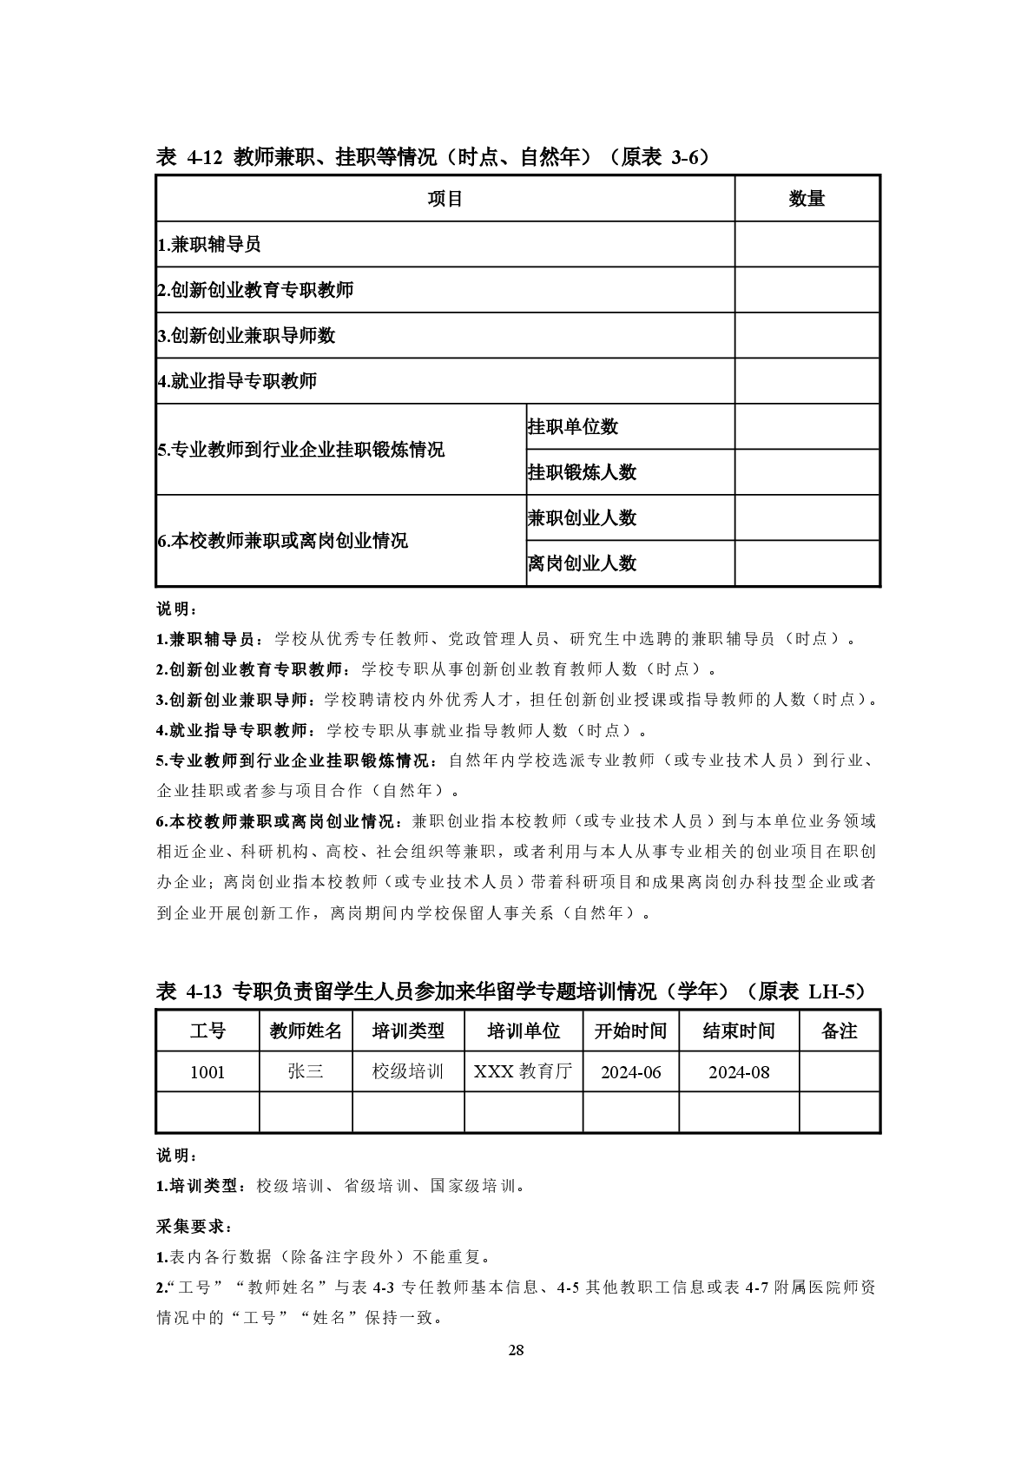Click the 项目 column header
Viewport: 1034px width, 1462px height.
click(445, 199)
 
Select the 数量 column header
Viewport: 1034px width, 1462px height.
click(807, 199)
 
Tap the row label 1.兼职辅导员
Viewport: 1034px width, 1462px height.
click(209, 245)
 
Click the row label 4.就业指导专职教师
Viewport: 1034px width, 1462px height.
click(237, 380)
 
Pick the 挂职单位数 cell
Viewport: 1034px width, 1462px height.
click(573, 426)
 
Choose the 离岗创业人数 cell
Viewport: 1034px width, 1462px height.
click(582, 563)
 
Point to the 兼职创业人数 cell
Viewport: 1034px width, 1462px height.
click(582, 518)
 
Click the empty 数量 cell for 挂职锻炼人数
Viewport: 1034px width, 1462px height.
click(807, 472)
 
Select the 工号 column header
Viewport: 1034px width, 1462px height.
click(207, 1031)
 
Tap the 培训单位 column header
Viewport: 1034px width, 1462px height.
click(524, 1031)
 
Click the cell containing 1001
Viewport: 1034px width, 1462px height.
click(207, 1072)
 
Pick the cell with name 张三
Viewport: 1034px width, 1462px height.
click(306, 1072)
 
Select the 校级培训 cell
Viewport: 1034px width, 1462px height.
click(408, 1072)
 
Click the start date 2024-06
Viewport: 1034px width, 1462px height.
click(631, 1072)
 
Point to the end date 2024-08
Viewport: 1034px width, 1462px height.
click(739, 1072)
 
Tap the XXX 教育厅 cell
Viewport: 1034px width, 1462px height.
click(524, 1072)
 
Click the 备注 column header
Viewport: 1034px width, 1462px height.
click(839, 1031)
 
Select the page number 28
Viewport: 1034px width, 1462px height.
click(517, 1350)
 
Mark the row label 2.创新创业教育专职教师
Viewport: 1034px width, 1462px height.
click(255, 290)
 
